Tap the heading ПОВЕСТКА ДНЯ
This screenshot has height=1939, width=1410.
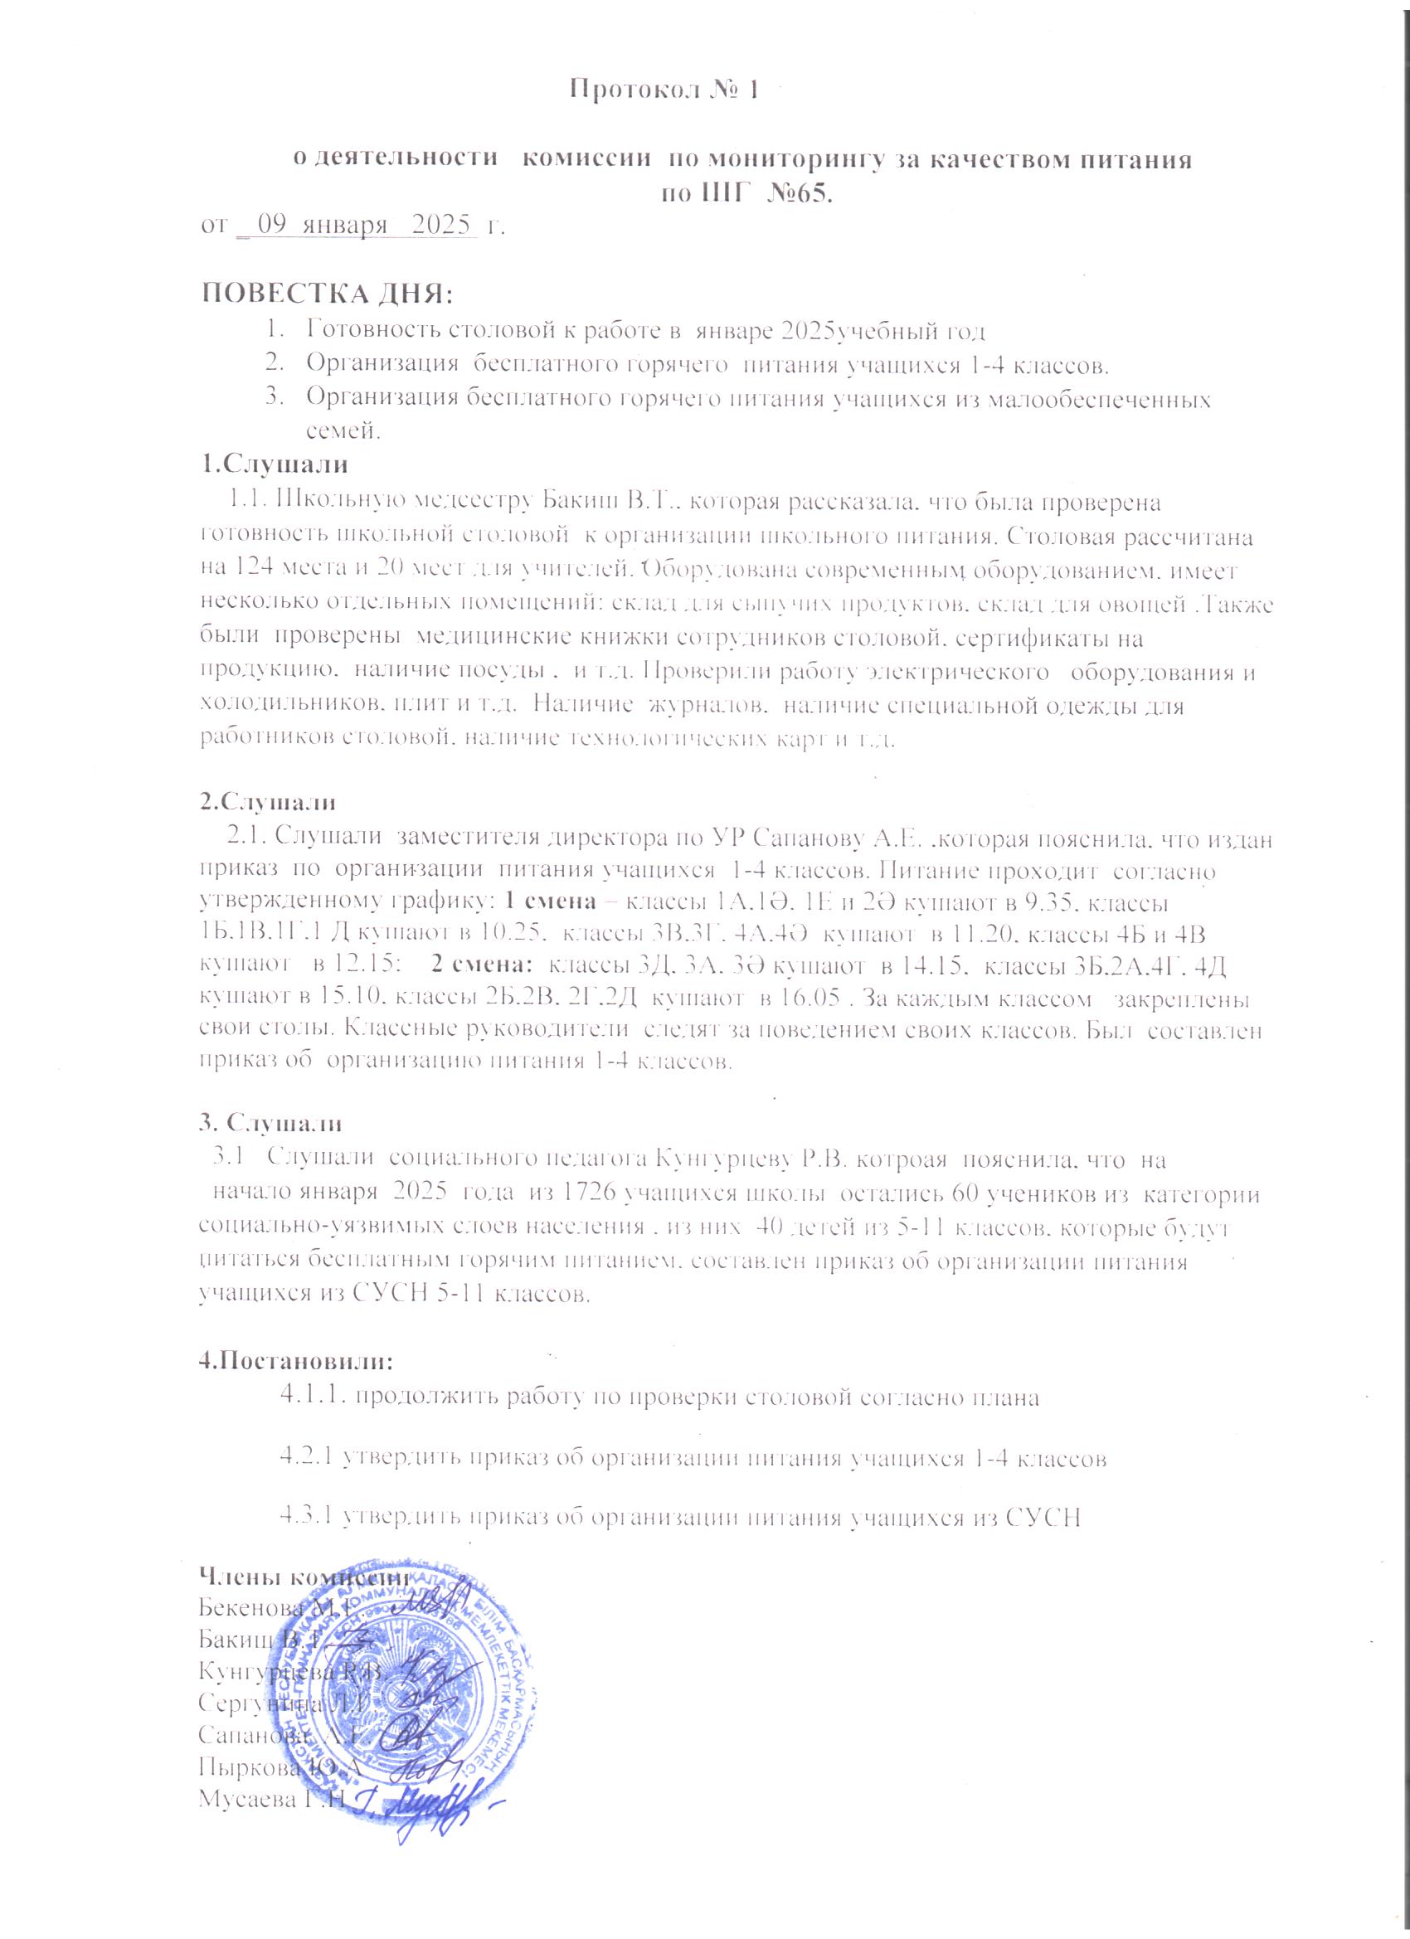coord(326,295)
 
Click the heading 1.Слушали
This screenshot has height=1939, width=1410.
coord(274,467)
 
